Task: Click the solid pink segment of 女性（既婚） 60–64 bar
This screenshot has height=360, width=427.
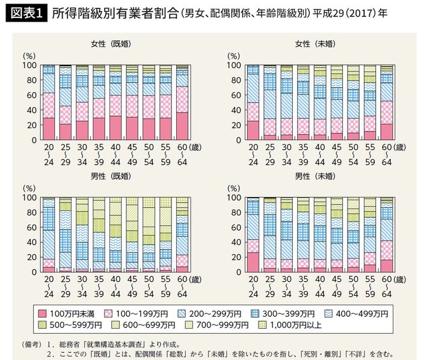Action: (181, 126)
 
